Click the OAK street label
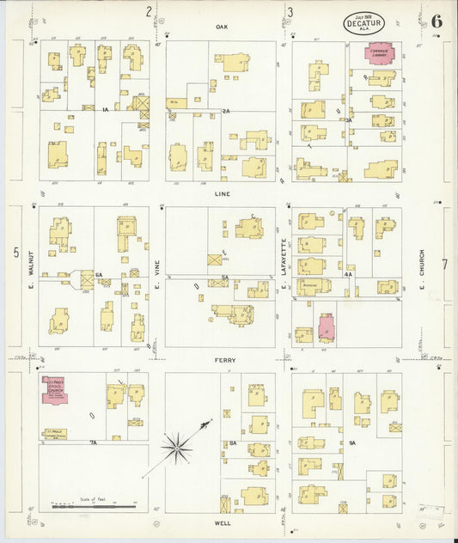221,27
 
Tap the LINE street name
221,194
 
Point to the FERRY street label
225,360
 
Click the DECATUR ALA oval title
364,22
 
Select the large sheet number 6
437,21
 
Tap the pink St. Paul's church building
56,391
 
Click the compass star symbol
177,445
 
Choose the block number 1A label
104,110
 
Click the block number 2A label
226,111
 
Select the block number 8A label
232,442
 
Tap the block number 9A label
351,442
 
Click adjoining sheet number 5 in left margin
15,252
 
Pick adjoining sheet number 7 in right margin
444,264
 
